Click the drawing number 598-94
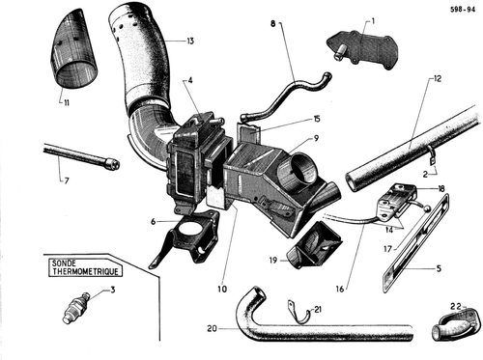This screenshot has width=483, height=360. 463,10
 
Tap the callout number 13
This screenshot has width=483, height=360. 190,42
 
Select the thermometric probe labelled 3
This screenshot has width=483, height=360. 76,308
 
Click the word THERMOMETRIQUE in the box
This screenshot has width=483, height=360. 85,272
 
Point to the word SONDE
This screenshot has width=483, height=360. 64,263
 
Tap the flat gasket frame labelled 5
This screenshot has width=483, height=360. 414,243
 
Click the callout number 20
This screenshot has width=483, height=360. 212,329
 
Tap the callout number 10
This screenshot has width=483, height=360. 222,289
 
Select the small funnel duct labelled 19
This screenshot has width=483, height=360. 314,249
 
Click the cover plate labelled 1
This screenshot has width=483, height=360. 363,49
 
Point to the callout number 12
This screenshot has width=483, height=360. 437,78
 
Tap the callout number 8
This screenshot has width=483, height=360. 273,23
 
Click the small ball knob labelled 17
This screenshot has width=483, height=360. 427,208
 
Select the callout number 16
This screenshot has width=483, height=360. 340,289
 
